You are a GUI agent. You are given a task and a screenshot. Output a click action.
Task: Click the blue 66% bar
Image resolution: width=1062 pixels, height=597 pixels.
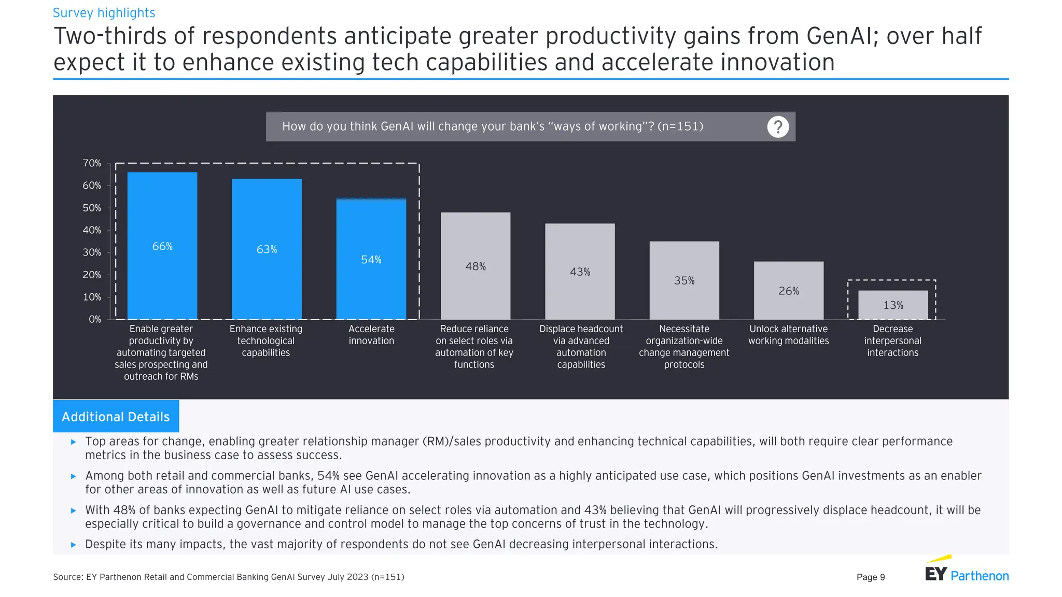click(162, 246)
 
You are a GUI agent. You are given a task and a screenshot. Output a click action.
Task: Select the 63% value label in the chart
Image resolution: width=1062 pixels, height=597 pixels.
click(267, 249)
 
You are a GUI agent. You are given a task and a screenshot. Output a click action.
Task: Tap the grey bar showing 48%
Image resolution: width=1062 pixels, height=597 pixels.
click(476, 266)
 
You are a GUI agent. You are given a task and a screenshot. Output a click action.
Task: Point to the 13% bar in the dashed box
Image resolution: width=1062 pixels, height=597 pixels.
click(893, 305)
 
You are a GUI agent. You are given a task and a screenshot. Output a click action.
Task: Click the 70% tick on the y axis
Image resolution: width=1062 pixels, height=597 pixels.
click(92, 163)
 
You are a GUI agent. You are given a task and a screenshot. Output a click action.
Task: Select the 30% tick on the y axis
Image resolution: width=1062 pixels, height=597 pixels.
click(92, 252)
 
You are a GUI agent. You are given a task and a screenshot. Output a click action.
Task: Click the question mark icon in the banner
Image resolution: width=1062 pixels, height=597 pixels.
click(778, 127)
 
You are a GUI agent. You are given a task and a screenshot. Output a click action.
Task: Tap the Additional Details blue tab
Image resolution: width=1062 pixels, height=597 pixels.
click(116, 417)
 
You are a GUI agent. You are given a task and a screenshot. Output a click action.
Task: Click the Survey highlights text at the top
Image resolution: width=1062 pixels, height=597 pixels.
click(104, 13)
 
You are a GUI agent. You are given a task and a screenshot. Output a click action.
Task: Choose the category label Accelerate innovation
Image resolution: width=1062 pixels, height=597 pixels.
click(371, 335)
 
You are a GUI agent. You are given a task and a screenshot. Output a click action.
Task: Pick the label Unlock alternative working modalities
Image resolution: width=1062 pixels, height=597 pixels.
click(788, 335)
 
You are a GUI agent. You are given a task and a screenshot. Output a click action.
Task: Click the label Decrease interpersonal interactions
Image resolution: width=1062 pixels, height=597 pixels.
click(892, 340)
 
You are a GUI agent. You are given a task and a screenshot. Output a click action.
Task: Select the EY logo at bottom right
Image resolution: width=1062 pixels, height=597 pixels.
click(936, 573)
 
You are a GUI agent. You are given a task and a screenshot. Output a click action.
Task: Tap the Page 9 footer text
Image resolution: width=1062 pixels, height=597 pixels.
click(871, 577)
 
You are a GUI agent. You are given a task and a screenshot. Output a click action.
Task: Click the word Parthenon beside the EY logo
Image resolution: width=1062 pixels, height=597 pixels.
click(980, 576)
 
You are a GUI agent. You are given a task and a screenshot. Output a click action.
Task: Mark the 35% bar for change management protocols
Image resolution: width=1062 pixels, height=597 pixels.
click(684, 280)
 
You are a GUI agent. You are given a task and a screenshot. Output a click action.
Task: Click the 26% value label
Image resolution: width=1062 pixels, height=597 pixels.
click(788, 291)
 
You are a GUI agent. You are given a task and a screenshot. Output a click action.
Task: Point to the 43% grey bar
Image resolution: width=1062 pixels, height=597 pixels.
click(580, 272)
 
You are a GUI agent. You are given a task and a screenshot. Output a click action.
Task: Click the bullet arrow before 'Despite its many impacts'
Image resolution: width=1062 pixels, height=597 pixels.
click(74, 545)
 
